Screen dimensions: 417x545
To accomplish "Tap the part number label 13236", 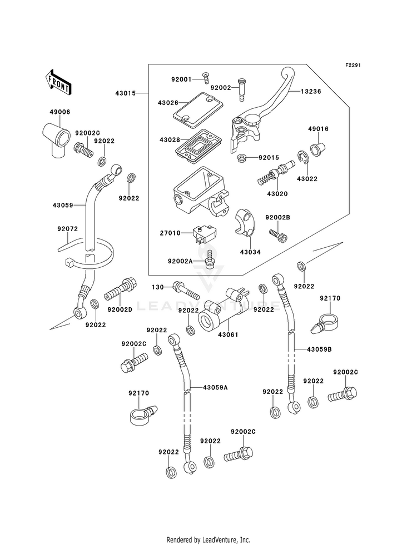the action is click(x=311, y=92).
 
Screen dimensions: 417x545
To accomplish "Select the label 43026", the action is click(x=168, y=103).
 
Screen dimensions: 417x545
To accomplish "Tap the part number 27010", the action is click(x=171, y=233).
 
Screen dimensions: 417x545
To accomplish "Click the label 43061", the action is click(x=228, y=334).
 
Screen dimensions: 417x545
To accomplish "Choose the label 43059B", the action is click(x=319, y=349).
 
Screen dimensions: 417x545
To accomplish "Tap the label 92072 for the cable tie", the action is click(x=67, y=229).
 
